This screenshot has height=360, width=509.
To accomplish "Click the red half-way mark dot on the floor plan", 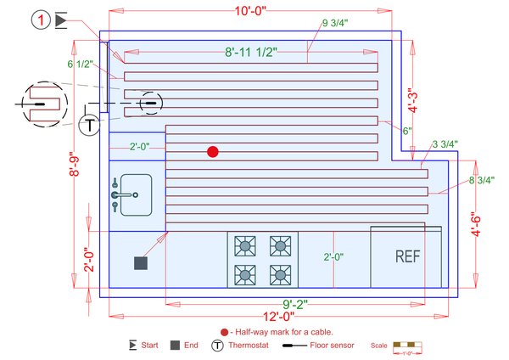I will tap(213, 151).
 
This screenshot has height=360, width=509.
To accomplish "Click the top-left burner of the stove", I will tap(245, 247).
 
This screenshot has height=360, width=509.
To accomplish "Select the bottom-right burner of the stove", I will tap(279, 273).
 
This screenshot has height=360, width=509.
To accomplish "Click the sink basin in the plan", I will tap(134, 195).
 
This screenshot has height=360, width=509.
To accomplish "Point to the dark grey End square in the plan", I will tap(141, 263).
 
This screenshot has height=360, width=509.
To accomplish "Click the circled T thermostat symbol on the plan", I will tap(89, 125).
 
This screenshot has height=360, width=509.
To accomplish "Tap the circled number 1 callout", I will tap(42, 20).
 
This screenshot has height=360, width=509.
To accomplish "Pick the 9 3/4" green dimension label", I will tap(336, 21).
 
